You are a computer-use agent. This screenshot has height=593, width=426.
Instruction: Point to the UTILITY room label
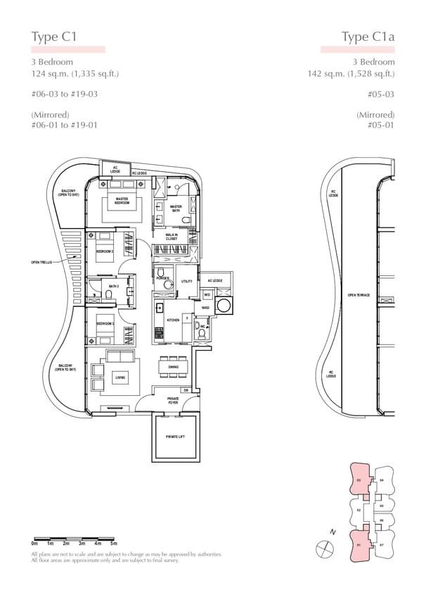[186, 281]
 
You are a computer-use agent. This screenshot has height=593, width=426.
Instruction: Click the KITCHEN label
[174, 320]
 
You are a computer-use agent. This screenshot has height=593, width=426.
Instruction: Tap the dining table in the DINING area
[173, 366]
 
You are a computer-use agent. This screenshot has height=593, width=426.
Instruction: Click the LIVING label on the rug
[120, 377]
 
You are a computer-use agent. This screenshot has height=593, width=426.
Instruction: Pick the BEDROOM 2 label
[105, 251]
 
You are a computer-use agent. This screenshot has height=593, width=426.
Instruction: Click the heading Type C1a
[368, 37]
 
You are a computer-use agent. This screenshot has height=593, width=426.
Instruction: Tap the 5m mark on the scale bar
[114, 544]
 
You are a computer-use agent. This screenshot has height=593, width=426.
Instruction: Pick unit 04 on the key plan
[381, 480]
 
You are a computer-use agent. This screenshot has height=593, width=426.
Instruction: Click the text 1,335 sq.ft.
[86, 74]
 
